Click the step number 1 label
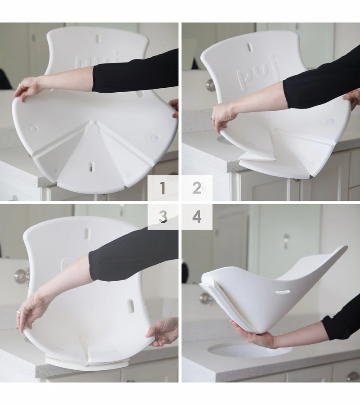tap(162, 188)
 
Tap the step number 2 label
tap(197, 188)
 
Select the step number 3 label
tap(162, 217)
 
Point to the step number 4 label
tap(197, 217)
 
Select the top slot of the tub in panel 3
tap(87, 233)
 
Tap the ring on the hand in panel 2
tap(212, 120)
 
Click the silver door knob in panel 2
tap(211, 84)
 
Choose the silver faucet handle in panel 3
tap(21, 276)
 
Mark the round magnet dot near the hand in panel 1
tap(33, 129)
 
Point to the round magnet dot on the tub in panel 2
tap(332, 121)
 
